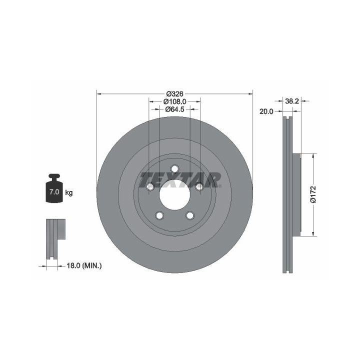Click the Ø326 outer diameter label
click(174, 94)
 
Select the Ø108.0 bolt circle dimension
click(174, 101)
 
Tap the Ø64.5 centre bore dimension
click(174, 109)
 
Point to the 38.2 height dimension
click(292, 101)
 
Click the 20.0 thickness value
click(266, 111)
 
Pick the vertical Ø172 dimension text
click(313, 194)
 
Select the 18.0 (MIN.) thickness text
click(84, 266)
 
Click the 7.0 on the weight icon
click(54, 191)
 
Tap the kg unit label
click(69, 193)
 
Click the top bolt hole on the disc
click(174, 169)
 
